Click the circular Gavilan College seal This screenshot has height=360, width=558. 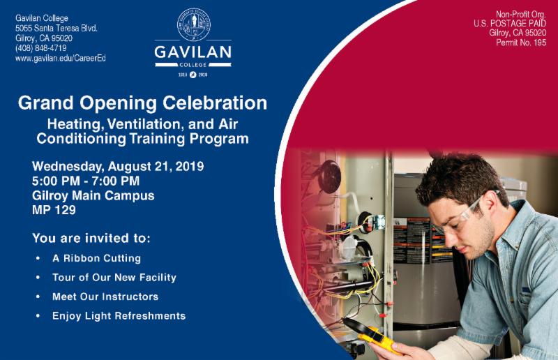point(194,24)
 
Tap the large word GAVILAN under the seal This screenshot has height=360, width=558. point(193,52)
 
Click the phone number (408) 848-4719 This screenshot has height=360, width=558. point(41,48)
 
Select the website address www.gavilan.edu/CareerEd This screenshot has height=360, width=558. point(61,58)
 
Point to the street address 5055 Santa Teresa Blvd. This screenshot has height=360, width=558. point(56,28)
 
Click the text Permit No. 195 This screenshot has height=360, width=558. point(521,43)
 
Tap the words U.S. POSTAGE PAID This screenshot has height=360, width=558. point(510,24)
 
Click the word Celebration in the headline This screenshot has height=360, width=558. point(215,103)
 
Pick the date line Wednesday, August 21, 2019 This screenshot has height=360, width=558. point(118,166)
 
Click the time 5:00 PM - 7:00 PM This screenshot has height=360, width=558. point(86,181)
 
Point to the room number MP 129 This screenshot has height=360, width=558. point(54,210)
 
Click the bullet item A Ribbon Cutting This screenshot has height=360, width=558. point(96,258)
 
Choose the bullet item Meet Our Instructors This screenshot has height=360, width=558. point(105,297)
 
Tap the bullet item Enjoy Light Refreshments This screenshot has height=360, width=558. point(119,316)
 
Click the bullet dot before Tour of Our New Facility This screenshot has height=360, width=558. point(38,278)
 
